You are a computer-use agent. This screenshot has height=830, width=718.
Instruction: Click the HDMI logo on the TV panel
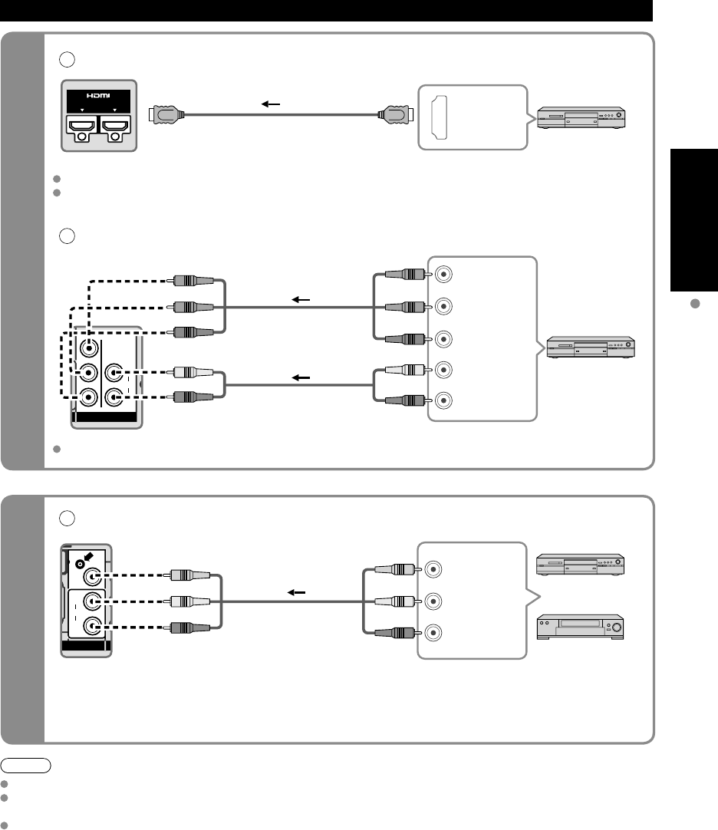click(x=98, y=95)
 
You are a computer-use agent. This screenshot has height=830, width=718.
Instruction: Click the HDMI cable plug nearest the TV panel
click(x=166, y=114)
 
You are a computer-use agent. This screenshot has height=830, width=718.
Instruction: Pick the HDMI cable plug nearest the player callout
click(x=395, y=114)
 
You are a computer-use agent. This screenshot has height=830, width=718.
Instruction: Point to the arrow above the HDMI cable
click(x=271, y=104)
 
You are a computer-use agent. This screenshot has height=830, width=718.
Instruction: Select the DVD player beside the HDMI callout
click(x=581, y=117)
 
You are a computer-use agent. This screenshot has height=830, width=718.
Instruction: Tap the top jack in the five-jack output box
click(x=443, y=275)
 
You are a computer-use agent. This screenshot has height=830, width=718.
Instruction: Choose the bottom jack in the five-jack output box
click(x=443, y=400)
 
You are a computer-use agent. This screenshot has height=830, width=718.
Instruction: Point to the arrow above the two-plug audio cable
click(x=301, y=378)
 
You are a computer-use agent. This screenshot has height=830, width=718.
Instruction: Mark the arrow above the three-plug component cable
click(x=301, y=300)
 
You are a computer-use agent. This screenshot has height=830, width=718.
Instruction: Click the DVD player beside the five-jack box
click(x=591, y=347)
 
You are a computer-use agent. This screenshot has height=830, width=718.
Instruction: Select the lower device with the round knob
click(x=581, y=627)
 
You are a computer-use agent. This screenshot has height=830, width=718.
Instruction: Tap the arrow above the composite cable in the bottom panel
click(x=297, y=592)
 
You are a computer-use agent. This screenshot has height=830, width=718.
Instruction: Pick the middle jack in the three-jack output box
click(x=433, y=601)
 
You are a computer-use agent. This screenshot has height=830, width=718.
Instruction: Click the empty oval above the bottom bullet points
click(x=25, y=766)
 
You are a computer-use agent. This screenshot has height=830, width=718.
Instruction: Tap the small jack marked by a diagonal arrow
click(x=80, y=565)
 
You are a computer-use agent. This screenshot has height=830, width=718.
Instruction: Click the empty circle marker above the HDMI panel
click(x=67, y=60)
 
